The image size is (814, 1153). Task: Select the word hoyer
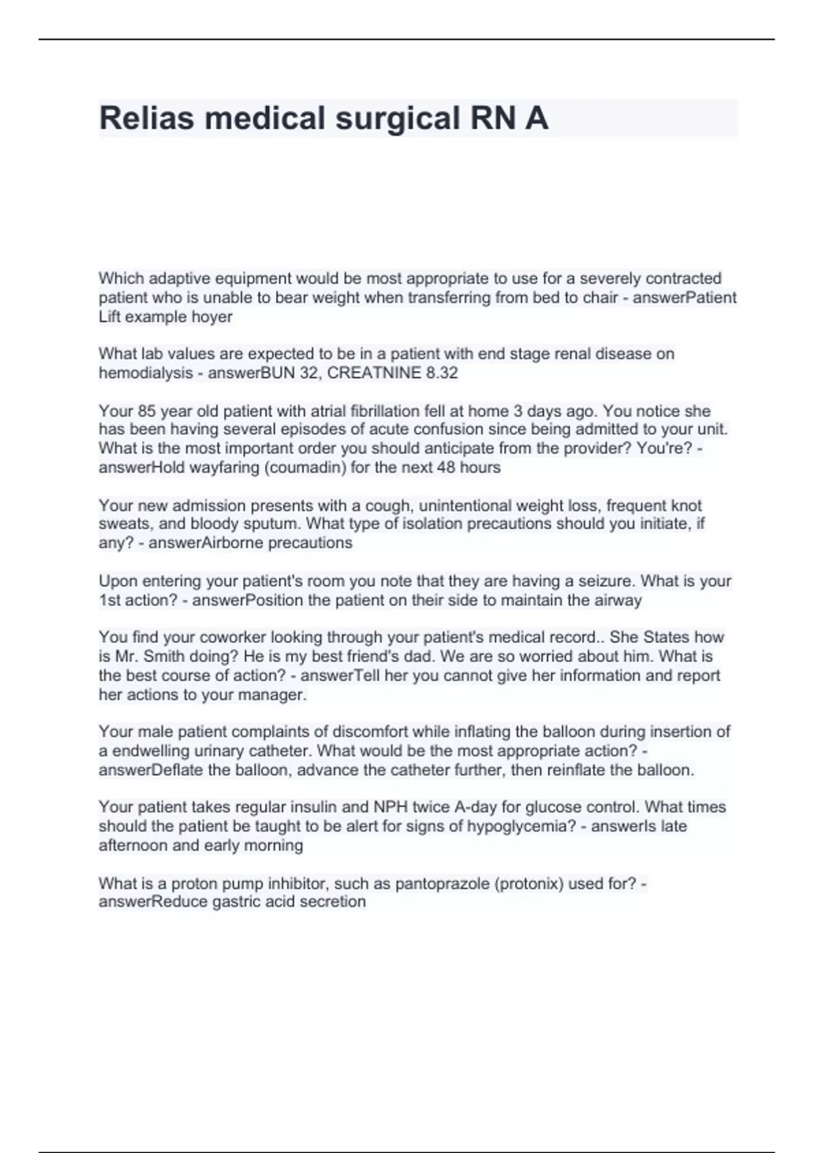coord(212,317)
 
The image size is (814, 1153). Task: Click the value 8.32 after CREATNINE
coord(442,372)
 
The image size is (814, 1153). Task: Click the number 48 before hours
coord(445,467)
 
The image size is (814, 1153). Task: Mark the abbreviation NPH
coord(390,807)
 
